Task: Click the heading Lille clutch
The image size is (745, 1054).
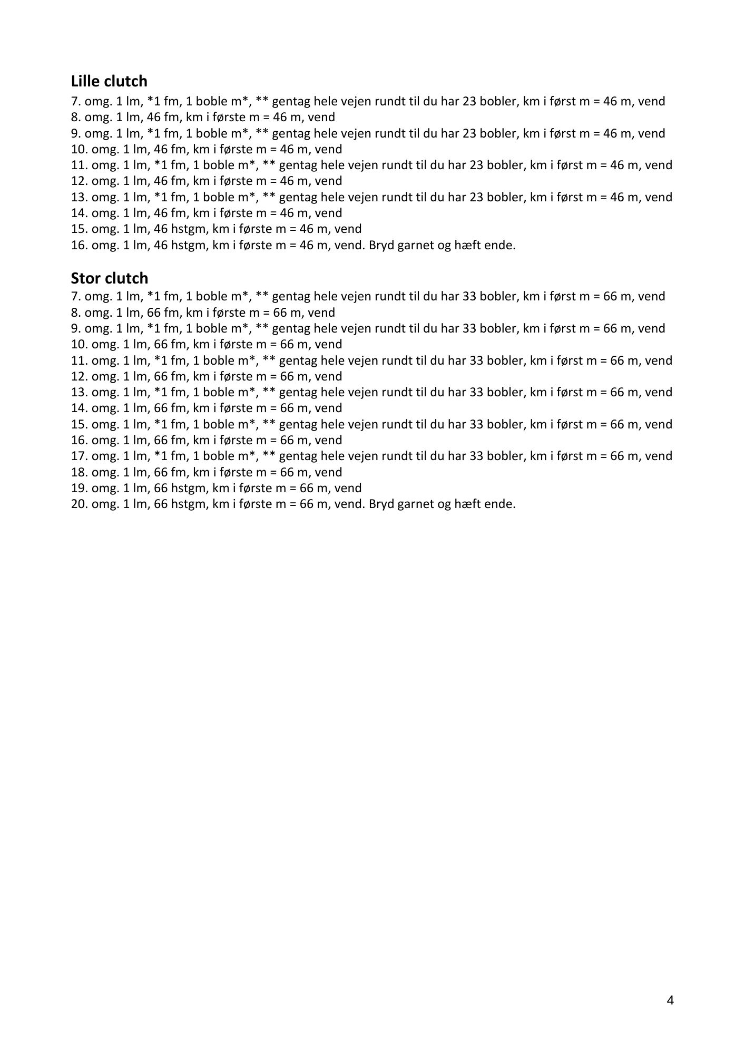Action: [109, 81]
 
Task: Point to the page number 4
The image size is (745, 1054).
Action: [670, 1000]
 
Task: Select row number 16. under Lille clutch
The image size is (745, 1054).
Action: [80, 245]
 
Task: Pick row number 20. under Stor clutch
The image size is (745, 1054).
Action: [80, 504]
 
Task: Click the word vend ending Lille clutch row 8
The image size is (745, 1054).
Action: [321, 117]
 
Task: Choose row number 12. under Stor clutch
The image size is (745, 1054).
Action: [80, 376]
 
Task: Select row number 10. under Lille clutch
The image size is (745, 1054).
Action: [80, 149]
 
